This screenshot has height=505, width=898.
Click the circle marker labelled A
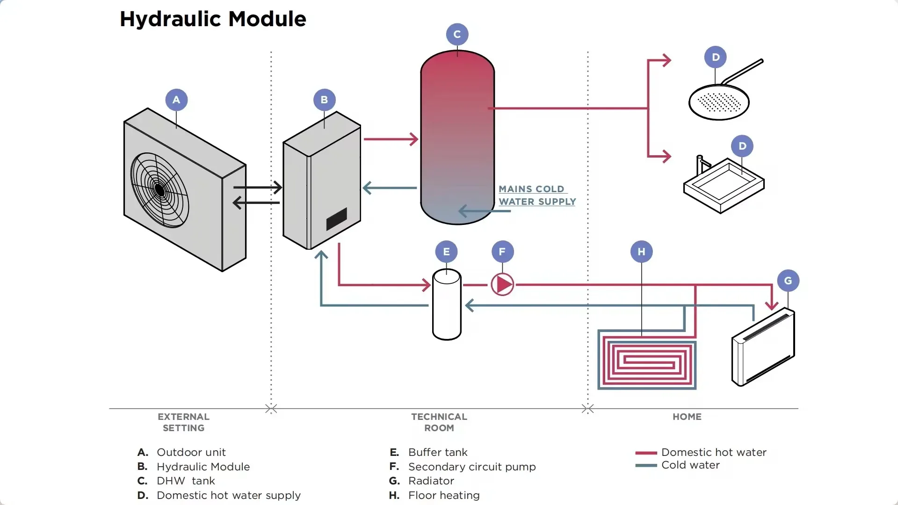click(x=176, y=100)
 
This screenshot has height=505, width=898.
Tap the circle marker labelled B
click(x=324, y=100)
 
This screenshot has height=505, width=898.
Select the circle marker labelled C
click(x=457, y=34)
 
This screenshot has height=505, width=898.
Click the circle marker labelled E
click(x=446, y=252)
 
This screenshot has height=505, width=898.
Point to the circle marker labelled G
click(x=788, y=281)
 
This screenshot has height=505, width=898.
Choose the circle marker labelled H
click(x=641, y=252)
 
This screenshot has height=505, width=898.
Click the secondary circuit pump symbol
click(x=502, y=284)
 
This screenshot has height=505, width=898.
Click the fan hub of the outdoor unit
click(x=159, y=190)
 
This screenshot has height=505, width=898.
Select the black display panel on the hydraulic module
click(x=336, y=219)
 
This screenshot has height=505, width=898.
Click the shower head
click(x=719, y=102)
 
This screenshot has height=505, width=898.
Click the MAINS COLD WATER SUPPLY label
click(x=537, y=195)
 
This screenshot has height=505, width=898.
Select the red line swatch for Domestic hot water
click(x=646, y=453)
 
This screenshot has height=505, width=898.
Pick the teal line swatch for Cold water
click(x=646, y=465)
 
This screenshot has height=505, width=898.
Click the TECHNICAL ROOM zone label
click(x=439, y=422)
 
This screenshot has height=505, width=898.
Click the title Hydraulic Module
click(x=213, y=19)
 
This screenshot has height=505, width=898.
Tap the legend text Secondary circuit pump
click(x=471, y=467)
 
